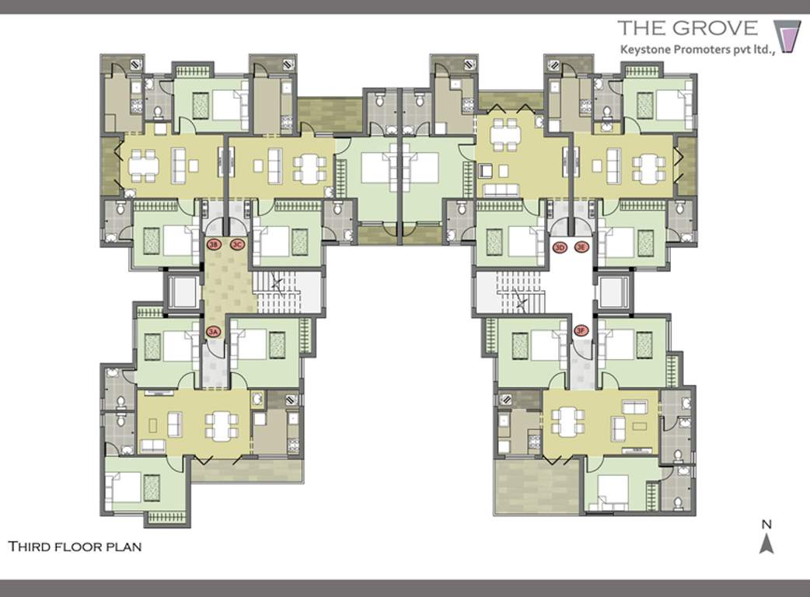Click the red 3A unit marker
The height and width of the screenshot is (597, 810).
214,332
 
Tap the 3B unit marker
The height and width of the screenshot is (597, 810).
214,245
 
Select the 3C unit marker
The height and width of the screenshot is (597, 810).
238,245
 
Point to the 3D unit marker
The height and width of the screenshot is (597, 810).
559,247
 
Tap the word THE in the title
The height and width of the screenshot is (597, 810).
641,29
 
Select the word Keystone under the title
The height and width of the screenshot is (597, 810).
644,48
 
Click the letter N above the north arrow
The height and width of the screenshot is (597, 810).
766,524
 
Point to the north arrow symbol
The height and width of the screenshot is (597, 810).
766,543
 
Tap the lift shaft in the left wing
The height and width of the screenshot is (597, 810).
183,292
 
